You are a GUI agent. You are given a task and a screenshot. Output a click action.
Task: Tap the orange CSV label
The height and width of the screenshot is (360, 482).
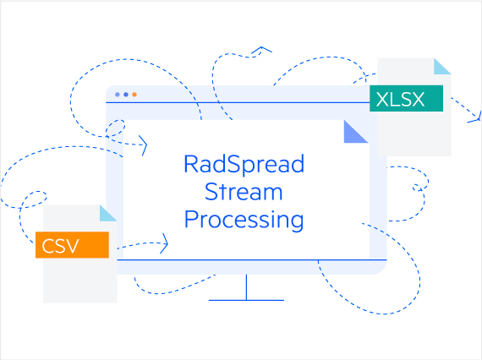72,245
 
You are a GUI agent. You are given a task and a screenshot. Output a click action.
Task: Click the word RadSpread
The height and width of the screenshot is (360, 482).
244,163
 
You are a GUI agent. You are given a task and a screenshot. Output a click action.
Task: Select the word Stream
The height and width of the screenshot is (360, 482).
244,192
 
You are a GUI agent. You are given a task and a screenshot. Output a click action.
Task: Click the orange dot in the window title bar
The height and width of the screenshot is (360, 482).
134,95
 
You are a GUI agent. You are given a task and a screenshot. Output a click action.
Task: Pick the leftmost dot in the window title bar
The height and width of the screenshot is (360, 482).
118,95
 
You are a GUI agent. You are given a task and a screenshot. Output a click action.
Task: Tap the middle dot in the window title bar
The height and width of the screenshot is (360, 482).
126,95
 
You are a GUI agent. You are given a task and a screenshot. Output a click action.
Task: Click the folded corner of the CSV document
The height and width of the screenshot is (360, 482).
107,213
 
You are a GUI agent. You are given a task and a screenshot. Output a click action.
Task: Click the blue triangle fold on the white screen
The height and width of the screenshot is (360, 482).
354,131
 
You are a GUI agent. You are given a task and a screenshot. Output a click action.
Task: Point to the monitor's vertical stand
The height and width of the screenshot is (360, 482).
246,286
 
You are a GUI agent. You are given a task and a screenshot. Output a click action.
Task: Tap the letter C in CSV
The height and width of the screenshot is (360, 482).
48,246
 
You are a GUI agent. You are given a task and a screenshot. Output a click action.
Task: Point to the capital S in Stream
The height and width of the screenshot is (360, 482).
211,192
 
